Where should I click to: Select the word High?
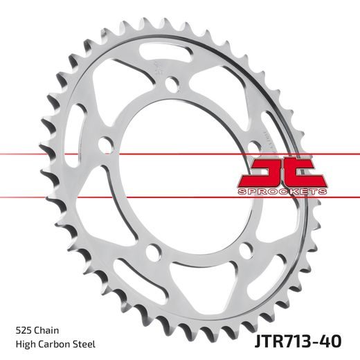point(24,344)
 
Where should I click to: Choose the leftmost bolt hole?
point(105,145)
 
